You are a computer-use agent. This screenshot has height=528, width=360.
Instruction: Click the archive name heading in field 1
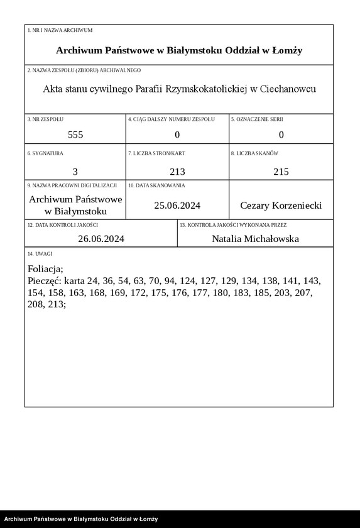pos(179,50)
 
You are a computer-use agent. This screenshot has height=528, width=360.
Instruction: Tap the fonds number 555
pos(75,135)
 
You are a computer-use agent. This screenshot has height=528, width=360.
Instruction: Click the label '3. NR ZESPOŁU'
pos(45,119)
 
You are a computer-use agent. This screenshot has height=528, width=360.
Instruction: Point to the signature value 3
pos(75,171)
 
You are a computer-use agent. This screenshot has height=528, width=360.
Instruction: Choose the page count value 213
pos(178,171)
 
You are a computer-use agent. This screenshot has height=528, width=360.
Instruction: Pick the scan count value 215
pos(281,171)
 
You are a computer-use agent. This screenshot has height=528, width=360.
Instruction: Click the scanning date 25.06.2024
pos(178,206)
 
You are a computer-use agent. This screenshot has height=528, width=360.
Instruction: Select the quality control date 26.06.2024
pos(101,239)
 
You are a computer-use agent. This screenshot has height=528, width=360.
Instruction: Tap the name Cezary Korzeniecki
pos(281,206)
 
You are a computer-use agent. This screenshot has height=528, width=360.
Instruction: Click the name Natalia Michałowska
pos(255,239)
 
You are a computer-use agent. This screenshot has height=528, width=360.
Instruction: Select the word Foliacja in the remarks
pos(46,269)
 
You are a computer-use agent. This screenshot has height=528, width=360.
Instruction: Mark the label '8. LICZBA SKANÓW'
pos(254,153)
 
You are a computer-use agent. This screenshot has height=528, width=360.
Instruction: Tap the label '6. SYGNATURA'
pos(45,153)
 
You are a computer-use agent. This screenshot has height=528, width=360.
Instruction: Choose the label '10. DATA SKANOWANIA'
pos(156,185)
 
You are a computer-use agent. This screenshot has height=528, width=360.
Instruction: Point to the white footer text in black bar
pos(80,519)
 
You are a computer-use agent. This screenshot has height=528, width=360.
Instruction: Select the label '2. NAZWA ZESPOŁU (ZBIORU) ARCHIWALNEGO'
pos(84,70)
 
